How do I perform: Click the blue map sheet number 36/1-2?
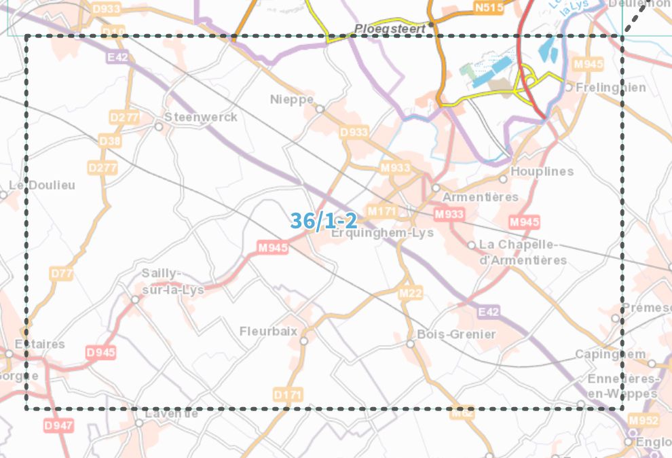point(324,220)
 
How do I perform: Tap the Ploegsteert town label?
point(390,29)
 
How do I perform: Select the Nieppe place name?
point(292,99)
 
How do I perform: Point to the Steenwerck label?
point(201,117)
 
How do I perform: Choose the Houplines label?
point(542,171)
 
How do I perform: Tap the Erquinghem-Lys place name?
point(381,233)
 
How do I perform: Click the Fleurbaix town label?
point(269,332)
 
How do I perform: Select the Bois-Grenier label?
point(456,334)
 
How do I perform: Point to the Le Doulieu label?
point(42,186)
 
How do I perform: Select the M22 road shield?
point(410,294)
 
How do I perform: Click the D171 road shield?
point(288,395)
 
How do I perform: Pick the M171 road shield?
point(381,211)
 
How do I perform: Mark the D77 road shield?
point(61,273)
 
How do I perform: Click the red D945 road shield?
point(100,353)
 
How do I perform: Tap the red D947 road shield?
point(58,425)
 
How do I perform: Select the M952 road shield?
point(642,420)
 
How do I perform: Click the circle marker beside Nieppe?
point(320,108)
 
